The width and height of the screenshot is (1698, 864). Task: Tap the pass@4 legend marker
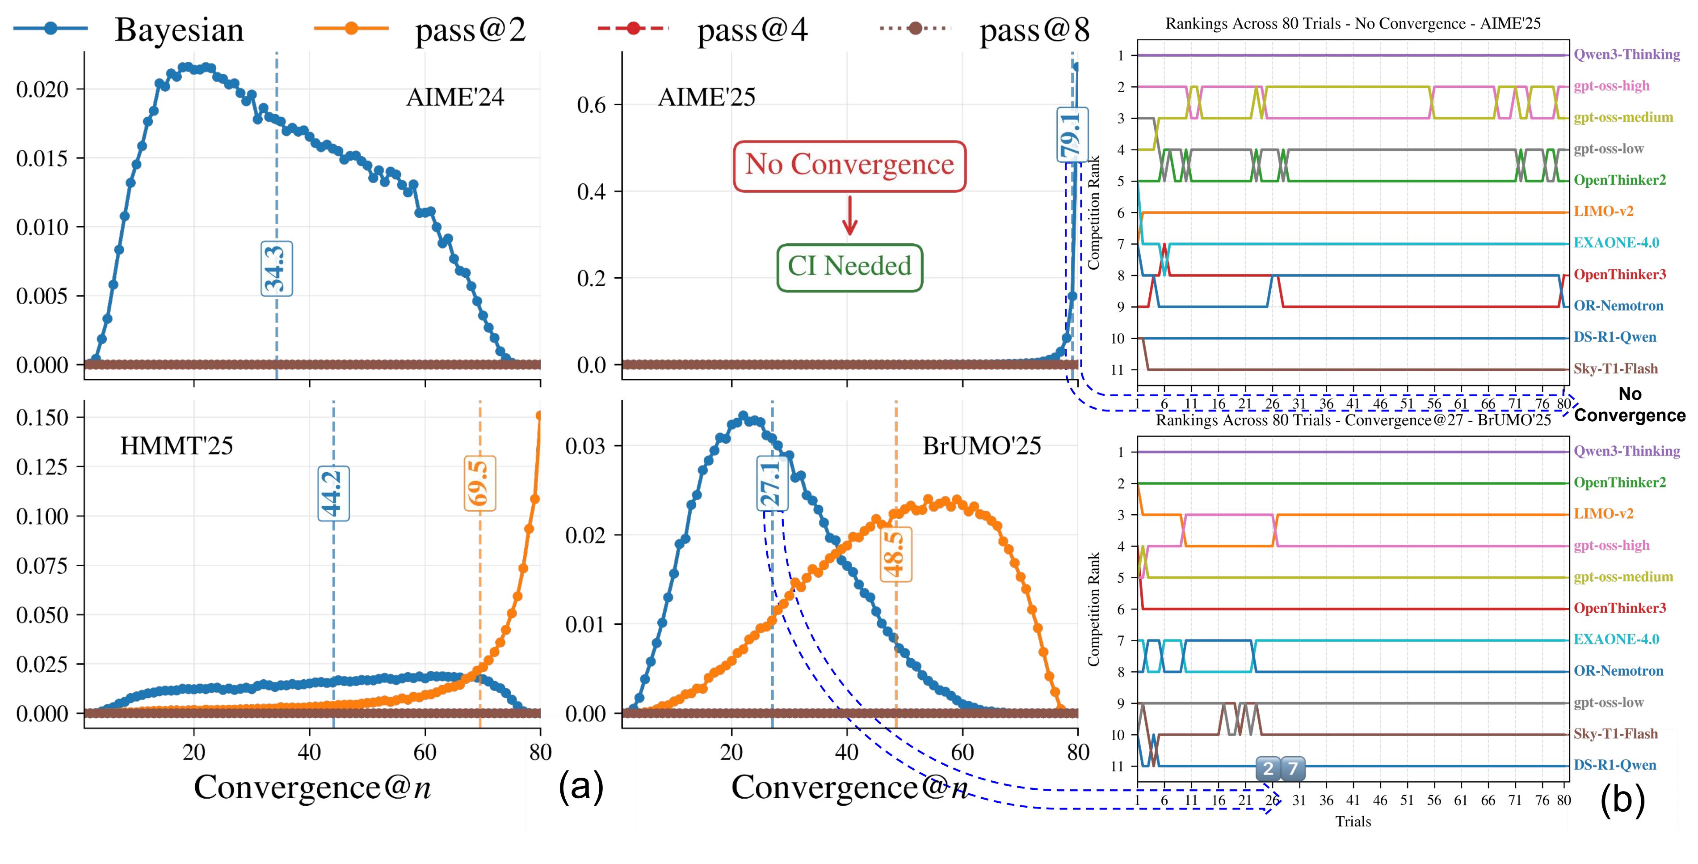pyautogui.click(x=633, y=28)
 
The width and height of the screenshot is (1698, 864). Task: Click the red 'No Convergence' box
pyautogui.click(x=849, y=165)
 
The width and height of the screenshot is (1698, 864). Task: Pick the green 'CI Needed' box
pyautogui.click(x=849, y=267)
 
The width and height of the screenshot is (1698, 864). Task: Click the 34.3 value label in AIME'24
pyautogui.click(x=276, y=268)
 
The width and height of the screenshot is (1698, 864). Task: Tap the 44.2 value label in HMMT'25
pyautogui.click(x=333, y=493)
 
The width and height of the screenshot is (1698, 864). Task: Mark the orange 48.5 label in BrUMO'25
pyautogui.click(x=895, y=554)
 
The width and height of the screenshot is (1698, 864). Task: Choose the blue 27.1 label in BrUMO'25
pyautogui.click(x=771, y=483)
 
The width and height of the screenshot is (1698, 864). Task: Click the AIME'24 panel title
pyautogui.click(x=455, y=97)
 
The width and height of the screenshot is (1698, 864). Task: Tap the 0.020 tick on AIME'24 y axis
pyautogui.click(x=42, y=90)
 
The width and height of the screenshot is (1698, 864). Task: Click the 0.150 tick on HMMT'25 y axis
pyautogui.click(x=42, y=418)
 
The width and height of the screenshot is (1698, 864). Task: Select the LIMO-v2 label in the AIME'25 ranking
pyautogui.click(x=1603, y=212)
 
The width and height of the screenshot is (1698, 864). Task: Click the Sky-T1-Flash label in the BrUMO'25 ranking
pyautogui.click(x=1615, y=734)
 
